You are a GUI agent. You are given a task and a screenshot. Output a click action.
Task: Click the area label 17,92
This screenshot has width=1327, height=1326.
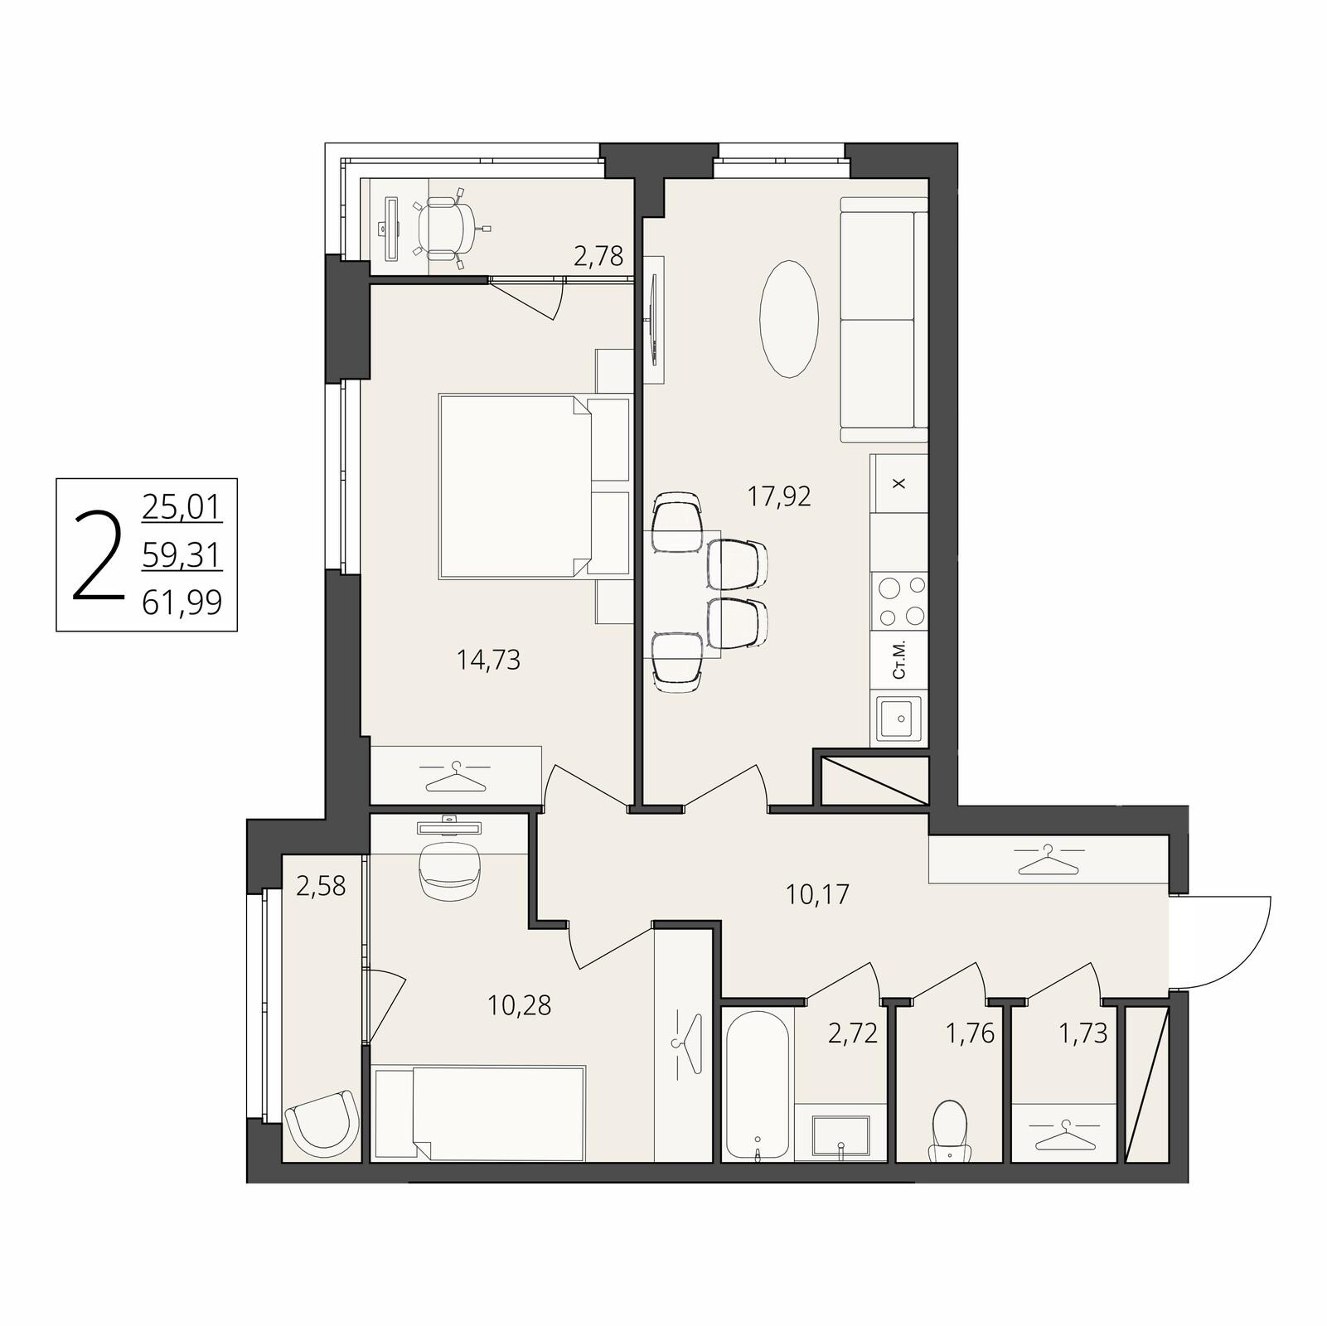779,496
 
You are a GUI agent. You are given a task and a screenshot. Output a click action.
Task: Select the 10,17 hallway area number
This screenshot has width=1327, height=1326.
818,894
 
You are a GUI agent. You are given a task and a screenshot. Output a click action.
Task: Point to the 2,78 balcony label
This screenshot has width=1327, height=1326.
598,255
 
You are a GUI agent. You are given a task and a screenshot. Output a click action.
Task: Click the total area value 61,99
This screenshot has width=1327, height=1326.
182,602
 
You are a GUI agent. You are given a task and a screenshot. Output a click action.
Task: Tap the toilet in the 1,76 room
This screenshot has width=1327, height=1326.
949,1131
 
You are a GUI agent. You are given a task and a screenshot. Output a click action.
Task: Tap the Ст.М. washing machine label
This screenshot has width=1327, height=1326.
899,660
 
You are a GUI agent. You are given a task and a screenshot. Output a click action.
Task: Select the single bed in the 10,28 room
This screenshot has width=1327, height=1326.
479,1112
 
